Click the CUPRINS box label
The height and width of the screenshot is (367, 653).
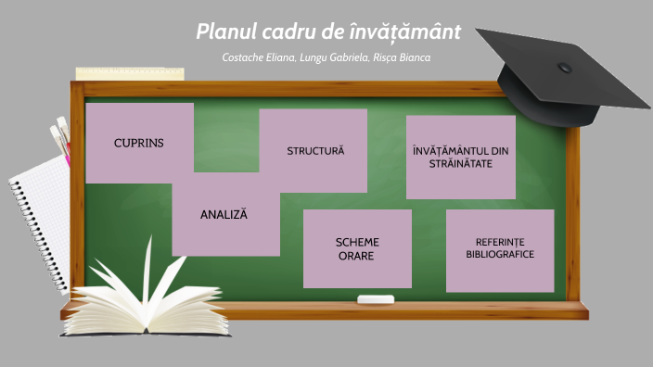[x=138, y=143]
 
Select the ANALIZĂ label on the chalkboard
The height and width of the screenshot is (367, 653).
[x=224, y=214]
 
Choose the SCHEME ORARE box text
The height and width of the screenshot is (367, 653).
[x=357, y=248]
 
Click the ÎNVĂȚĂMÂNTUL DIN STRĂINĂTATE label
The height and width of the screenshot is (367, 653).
[x=460, y=157]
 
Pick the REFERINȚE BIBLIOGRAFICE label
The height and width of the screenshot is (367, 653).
[x=500, y=247]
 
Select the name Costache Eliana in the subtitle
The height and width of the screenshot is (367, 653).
[x=255, y=58]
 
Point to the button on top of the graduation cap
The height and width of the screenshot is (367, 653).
[x=564, y=67]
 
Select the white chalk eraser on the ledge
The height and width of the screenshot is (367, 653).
[x=376, y=298]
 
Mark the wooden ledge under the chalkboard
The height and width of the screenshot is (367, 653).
[x=417, y=310]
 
